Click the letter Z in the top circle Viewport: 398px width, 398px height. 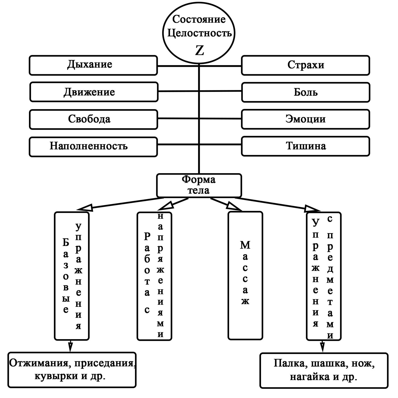(199, 50)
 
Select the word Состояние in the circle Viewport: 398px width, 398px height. (199, 19)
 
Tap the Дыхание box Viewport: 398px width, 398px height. (93, 65)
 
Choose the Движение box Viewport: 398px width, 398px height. (94, 92)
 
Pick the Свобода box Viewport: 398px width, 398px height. (94, 119)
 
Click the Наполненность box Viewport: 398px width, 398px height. (93, 147)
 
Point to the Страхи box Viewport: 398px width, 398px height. (306, 65)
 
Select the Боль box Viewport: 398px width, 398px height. (306, 92)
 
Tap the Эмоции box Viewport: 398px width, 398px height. (306, 119)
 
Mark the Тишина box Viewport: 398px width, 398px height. (306, 146)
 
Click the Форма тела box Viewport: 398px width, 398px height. (199, 185)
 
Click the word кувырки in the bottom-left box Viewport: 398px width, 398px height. (56, 376)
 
